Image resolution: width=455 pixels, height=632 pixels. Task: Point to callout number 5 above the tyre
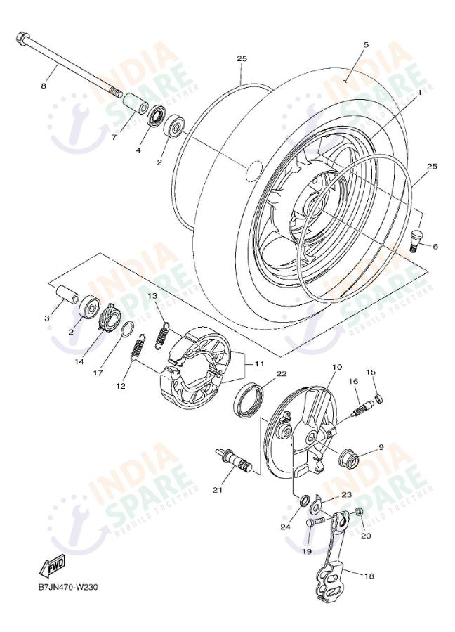tap(366, 44)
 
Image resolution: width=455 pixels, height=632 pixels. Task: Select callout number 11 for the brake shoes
tap(260, 364)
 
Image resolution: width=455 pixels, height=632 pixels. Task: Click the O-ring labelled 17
tap(126, 330)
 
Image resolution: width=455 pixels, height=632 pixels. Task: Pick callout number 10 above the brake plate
tap(336, 367)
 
